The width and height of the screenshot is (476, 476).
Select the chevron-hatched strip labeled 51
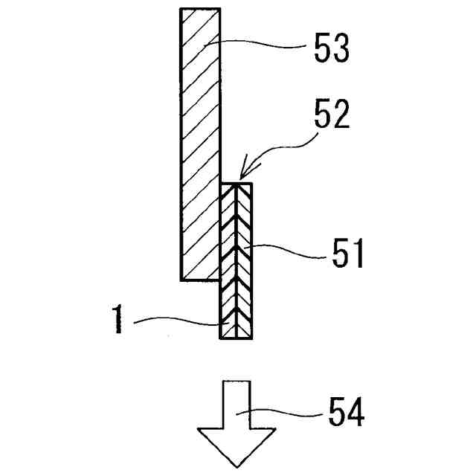click(237, 260)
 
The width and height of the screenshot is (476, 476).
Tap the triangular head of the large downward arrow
click(237, 446)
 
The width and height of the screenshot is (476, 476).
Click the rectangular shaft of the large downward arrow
click(237, 405)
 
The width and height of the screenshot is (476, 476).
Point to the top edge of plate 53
click(201, 9)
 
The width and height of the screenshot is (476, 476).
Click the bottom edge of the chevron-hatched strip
click(237, 339)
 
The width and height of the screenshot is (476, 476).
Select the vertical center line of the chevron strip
click(237, 223)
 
